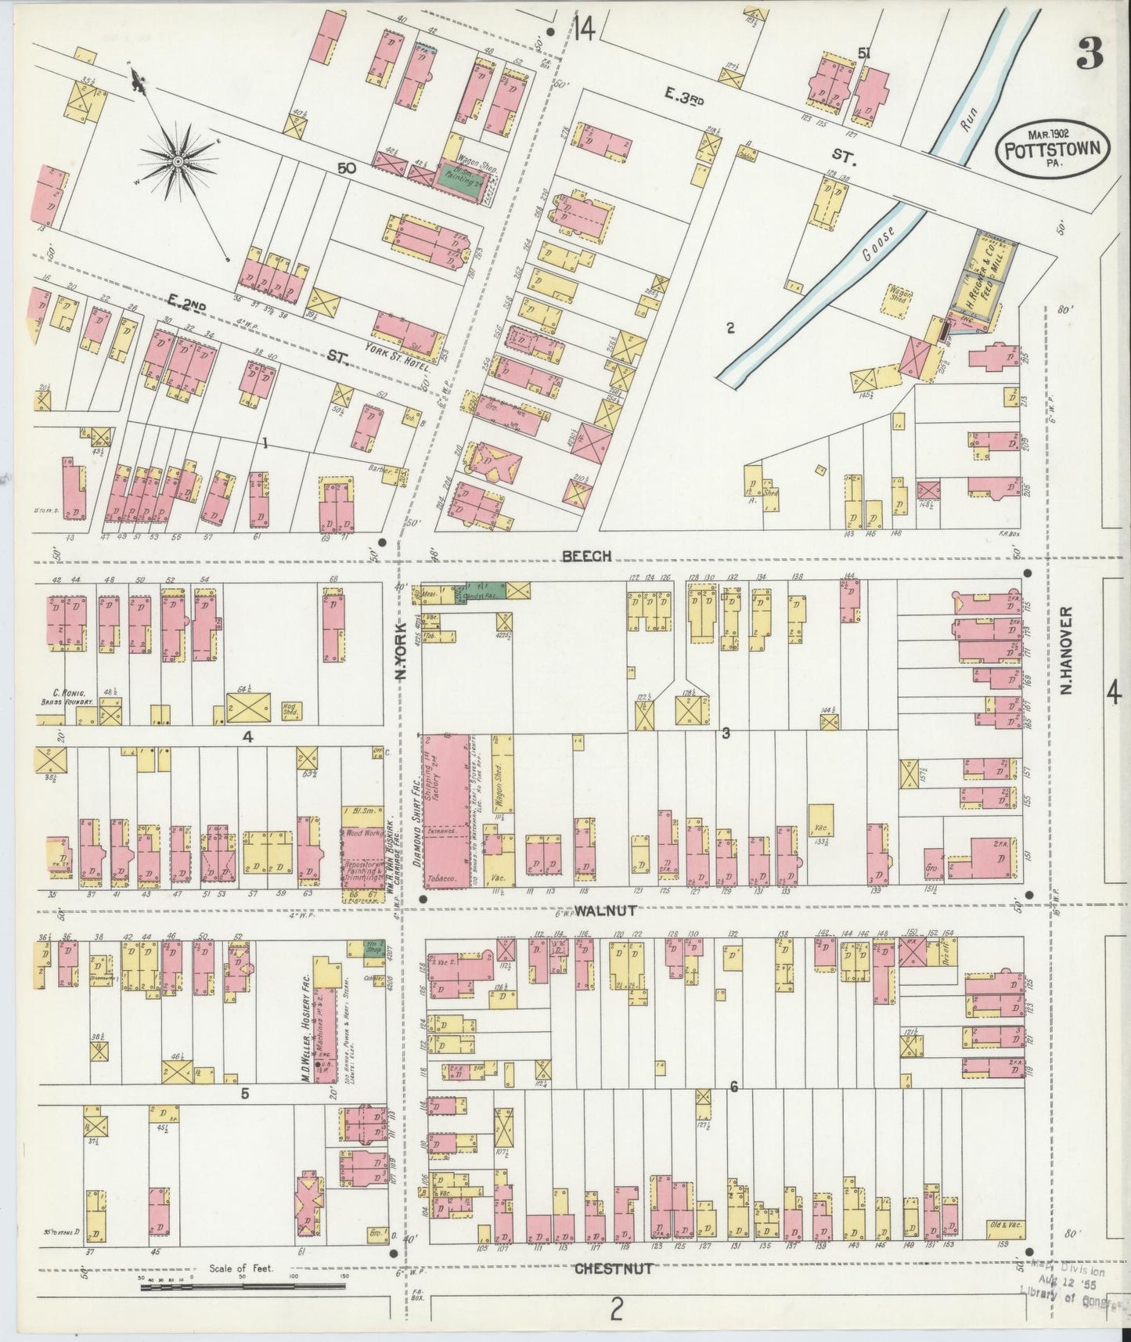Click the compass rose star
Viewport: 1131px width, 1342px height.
click(x=178, y=162)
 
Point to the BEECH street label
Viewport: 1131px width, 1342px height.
click(x=586, y=555)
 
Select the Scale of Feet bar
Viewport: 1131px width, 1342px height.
click(x=243, y=1286)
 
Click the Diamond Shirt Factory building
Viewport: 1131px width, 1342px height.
click(x=454, y=810)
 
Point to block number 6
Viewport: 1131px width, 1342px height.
click(x=734, y=1087)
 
